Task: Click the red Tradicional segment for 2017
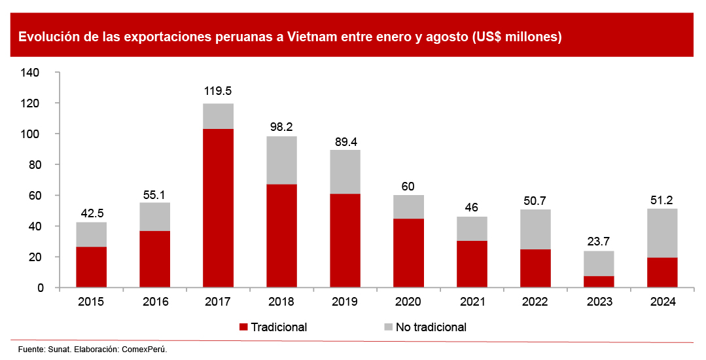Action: tap(218, 208)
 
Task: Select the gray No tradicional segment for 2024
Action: tap(662, 233)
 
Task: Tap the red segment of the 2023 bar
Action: tap(599, 281)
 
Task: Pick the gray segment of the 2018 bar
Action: tap(281, 160)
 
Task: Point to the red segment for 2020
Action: tap(408, 253)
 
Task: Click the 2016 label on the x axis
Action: tap(154, 302)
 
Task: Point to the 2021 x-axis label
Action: tap(472, 302)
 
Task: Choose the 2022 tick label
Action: tap(535, 302)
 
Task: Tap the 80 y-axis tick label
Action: tap(35, 165)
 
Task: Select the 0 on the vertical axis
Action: tap(41, 288)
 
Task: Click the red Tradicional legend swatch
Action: tap(244, 327)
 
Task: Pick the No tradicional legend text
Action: tap(431, 327)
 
